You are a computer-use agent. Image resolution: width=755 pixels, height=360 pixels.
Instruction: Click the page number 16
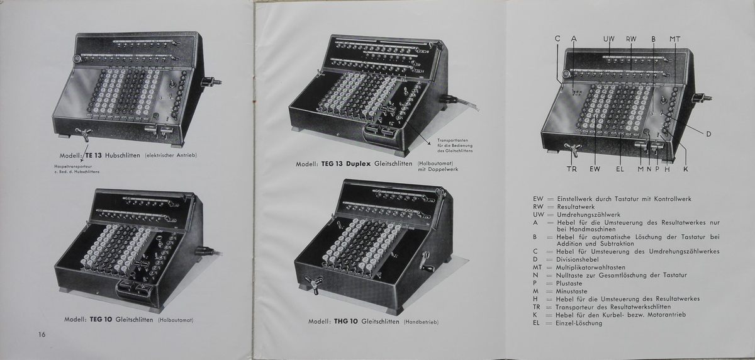pos(42,334)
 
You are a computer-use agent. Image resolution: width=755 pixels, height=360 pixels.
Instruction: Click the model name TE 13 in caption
pos(92,155)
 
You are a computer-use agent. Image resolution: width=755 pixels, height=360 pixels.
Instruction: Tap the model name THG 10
pos(345,322)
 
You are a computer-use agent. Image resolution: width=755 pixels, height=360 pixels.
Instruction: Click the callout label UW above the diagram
pos(608,39)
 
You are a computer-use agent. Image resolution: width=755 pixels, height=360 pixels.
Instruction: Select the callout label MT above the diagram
pos(674,39)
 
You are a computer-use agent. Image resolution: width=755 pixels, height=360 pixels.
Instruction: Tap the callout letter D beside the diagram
pos(708,134)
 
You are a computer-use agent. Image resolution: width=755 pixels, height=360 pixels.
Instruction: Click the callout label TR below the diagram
pos(571,169)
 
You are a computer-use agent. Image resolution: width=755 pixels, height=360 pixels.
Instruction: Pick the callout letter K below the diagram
pos(685,169)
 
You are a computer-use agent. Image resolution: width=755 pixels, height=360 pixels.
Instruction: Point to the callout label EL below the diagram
pos(620,169)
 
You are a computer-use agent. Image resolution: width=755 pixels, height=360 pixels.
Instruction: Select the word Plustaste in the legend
pos(571,283)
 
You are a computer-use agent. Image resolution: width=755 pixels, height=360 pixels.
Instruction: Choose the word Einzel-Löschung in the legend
pos(579,323)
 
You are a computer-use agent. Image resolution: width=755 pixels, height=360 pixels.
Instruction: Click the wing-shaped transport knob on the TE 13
pos(81,133)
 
